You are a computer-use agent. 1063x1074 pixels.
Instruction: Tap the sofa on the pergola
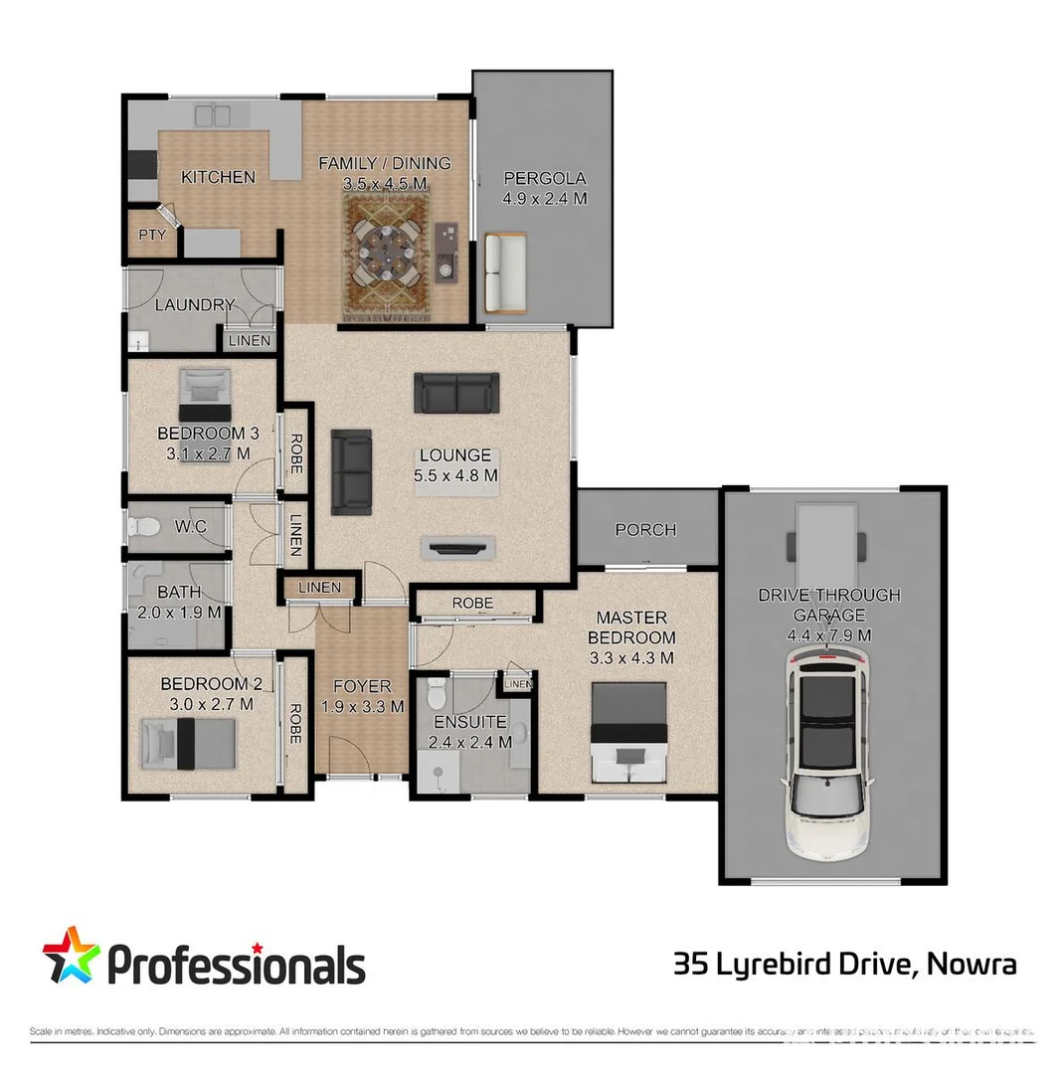coord(504,273)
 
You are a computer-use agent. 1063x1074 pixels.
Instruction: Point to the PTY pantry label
coord(151,236)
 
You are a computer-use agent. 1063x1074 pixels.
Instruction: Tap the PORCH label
coord(645,530)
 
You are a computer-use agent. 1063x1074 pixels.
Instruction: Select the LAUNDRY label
coord(195,305)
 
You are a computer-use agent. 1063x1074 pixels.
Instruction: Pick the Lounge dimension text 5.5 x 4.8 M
coord(454,475)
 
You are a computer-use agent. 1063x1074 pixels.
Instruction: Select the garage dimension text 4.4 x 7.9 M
coord(828,634)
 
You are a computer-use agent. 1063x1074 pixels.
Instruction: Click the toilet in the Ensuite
coord(434,694)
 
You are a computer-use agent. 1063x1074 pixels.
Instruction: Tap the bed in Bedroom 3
coord(205,394)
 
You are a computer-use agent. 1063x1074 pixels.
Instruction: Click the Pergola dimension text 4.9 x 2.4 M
coord(544,199)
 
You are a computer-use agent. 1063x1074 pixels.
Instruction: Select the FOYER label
coord(362,686)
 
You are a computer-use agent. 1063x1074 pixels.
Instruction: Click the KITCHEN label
coord(218,177)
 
